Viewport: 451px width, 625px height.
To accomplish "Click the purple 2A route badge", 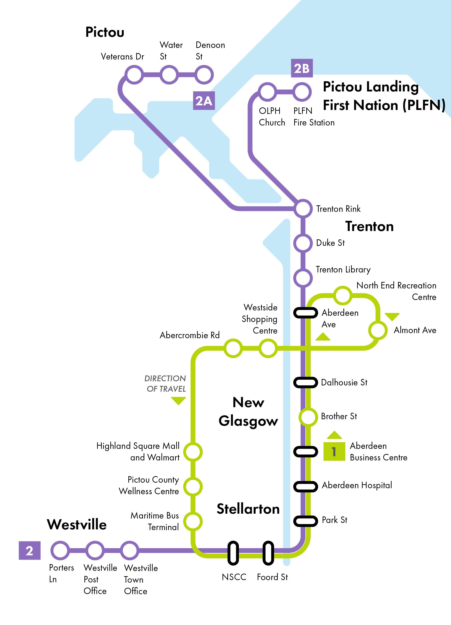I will click(x=204, y=101).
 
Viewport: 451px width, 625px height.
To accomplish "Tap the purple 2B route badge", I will click(x=302, y=68).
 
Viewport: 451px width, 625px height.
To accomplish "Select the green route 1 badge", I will click(x=334, y=451).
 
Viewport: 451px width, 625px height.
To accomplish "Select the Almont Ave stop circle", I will click(x=378, y=330).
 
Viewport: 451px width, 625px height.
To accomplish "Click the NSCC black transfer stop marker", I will click(x=233, y=553).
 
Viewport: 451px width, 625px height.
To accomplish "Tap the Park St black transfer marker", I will click(x=305, y=521).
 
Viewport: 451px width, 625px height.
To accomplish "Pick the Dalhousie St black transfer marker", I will click(x=305, y=382).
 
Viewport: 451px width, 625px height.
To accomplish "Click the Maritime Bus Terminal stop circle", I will click(x=193, y=521).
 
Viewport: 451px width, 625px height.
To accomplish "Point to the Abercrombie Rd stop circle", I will click(x=233, y=348).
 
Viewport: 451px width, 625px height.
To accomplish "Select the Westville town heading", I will click(x=77, y=524).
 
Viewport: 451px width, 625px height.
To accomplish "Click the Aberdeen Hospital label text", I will click(x=357, y=485).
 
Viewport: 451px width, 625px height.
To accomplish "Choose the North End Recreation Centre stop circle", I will click(x=343, y=295).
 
